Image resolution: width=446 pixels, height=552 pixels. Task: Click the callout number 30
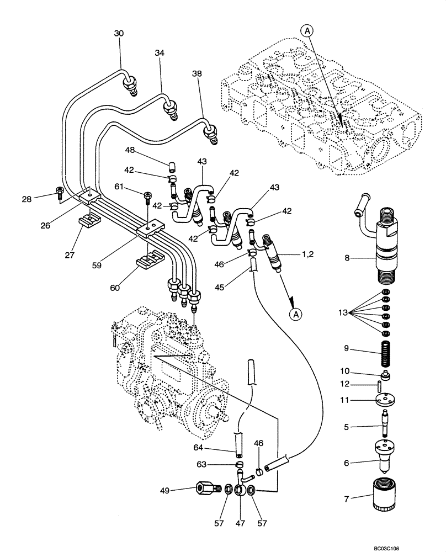tap(119, 33)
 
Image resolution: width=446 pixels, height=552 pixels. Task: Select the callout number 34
tap(160, 52)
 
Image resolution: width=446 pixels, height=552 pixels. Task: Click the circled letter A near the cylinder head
tap(308, 31)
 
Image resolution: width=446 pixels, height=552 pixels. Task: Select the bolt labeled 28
tap(60, 192)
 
